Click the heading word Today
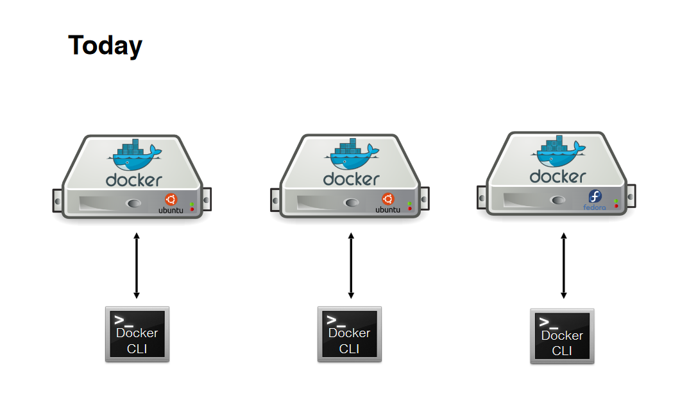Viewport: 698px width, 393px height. (x=105, y=46)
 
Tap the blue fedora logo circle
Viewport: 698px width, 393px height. (x=595, y=197)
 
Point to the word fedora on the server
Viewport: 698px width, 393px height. (x=594, y=207)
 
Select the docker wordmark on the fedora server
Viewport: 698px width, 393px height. (x=558, y=176)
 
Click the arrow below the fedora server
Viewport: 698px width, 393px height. (x=564, y=266)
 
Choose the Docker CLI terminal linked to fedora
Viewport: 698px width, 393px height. (x=562, y=336)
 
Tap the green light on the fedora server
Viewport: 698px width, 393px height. (x=616, y=201)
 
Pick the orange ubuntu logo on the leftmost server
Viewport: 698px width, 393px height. (x=171, y=199)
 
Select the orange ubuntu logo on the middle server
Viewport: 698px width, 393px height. (x=387, y=199)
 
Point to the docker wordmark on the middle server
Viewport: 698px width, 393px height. (x=351, y=179)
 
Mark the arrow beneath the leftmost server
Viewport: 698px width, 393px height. (x=136, y=266)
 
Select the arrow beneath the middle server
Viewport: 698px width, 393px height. (x=351, y=266)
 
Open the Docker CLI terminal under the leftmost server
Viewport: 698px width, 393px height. (x=137, y=334)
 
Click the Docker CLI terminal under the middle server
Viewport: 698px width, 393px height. (x=349, y=334)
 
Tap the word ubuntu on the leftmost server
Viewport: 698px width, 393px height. (x=171, y=210)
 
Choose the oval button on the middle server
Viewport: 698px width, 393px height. (x=351, y=203)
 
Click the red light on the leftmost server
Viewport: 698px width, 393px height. (x=192, y=209)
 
